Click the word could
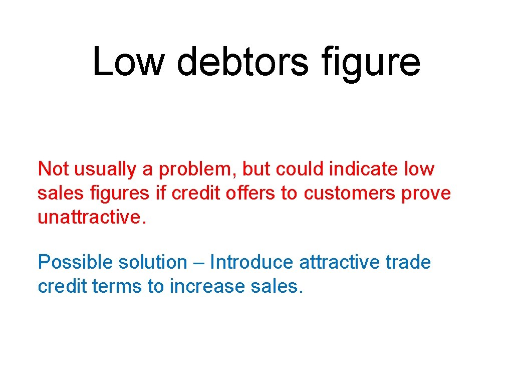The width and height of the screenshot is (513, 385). click(x=301, y=169)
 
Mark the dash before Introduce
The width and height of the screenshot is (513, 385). click(x=197, y=262)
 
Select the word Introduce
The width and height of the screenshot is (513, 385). click(x=251, y=262)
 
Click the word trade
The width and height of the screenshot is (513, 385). click(x=408, y=262)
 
